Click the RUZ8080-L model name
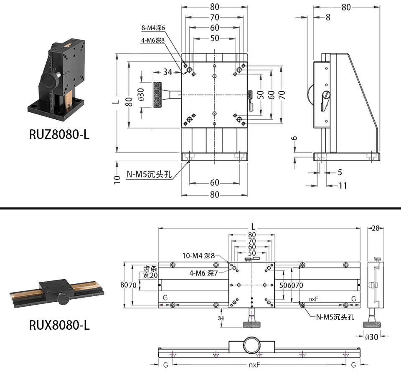pyautogui.click(x=59, y=134)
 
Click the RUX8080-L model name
pyautogui.click(x=59, y=325)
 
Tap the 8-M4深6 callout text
pyautogui.click(x=153, y=28)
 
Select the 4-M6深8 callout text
pyautogui.click(x=153, y=40)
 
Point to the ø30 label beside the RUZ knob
pyautogui.click(x=141, y=94)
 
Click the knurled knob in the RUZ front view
pyautogui.click(x=157, y=95)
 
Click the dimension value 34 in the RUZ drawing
pyautogui.click(x=168, y=72)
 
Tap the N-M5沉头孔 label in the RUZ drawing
pyautogui.click(x=149, y=174)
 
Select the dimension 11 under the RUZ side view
pyautogui.click(x=343, y=185)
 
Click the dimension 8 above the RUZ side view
pyautogui.click(x=328, y=18)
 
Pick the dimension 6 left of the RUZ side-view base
pyautogui.click(x=294, y=138)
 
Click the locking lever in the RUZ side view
pyautogui.click(x=325, y=101)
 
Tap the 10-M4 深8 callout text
pyautogui.click(x=198, y=256)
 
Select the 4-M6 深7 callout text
pyautogui.click(x=203, y=273)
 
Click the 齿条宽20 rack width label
pyautogui.click(x=150, y=272)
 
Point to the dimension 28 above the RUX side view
pyautogui.click(x=376, y=228)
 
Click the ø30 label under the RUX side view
pyautogui.click(x=372, y=337)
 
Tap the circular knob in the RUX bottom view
pyautogui.click(x=252, y=345)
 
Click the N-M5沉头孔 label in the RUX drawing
pyautogui.click(x=335, y=317)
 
